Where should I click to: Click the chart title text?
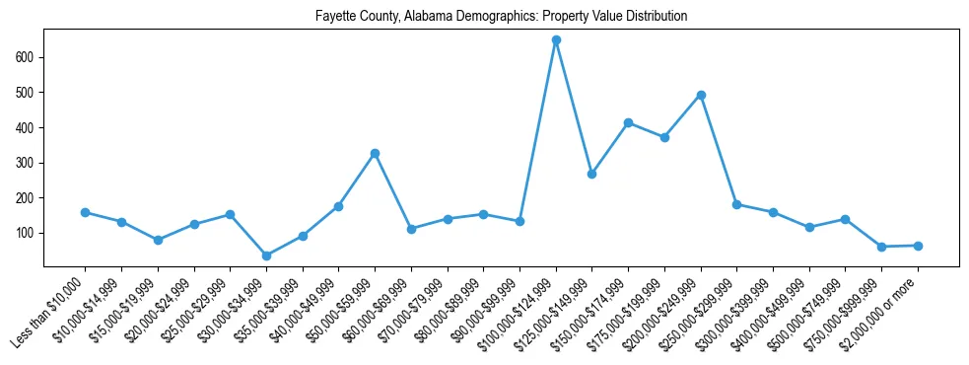pyautogui.click(x=501, y=17)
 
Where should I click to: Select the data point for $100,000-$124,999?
pyautogui.click(x=556, y=40)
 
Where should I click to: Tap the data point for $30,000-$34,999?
pyautogui.click(x=266, y=255)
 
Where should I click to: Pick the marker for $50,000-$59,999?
pyautogui.click(x=375, y=153)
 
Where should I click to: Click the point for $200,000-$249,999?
pyautogui.click(x=701, y=95)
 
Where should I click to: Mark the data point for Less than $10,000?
pyautogui.click(x=85, y=212)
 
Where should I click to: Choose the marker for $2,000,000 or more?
pyautogui.click(x=918, y=246)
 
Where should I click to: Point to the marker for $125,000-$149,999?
pyautogui.click(x=591, y=174)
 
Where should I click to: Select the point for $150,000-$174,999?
pyautogui.click(x=628, y=122)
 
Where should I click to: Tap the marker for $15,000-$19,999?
pyautogui.click(x=158, y=240)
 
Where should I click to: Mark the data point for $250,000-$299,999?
pyautogui.click(x=737, y=204)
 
